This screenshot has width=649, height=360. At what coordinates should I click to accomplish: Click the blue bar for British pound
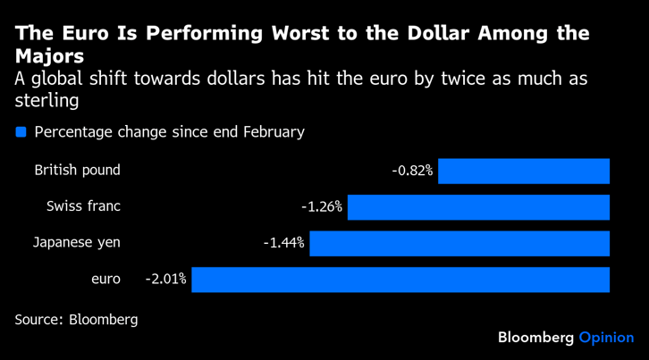pyautogui.click(x=523, y=171)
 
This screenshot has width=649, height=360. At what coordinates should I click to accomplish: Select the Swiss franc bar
pyautogui.click(x=478, y=207)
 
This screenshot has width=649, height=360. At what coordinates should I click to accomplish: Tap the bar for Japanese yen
pyautogui.click(x=459, y=243)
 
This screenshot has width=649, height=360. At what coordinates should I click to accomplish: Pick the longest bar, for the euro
pyautogui.click(x=400, y=280)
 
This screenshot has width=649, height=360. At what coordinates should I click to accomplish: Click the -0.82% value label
pyautogui.click(x=412, y=171)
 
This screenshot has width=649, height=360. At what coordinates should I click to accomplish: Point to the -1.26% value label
pyautogui.click(x=322, y=207)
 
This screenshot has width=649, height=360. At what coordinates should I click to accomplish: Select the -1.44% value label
pyautogui.click(x=283, y=243)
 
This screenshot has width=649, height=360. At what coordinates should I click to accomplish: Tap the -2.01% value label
pyautogui.click(x=165, y=280)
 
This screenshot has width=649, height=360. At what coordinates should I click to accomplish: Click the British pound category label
pyautogui.click(x=77, y=170)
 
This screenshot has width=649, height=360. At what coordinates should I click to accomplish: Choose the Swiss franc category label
pyautogui.click(x=83, y=206)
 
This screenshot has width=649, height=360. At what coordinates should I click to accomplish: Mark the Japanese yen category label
pyautogui.click(x=77, y=242)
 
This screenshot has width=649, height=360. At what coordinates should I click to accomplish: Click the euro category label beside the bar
pyautogui.click(x=105, y=279)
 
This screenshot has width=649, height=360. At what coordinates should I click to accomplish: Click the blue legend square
pyautogui.click(x=21, y=132)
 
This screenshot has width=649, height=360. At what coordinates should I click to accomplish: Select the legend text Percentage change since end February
pyautogui.click(x=169, y=132)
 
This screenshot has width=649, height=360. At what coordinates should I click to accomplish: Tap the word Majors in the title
pyautogui.click(x=49, y=56)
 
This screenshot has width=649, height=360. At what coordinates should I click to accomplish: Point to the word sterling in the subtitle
pyautogui.click(x=47, y=100)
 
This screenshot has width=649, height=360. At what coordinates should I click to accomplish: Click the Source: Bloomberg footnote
pyautogui.click(x=76, y=319)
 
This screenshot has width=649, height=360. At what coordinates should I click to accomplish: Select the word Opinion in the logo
pyautogui.click(x=606, y=338)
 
